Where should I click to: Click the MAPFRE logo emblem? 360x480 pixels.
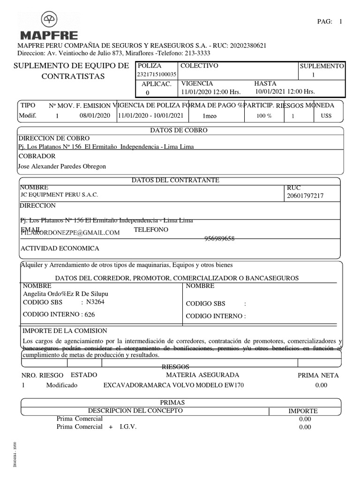click(x=49, y=20)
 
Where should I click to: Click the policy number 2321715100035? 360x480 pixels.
click(x=157, y=75)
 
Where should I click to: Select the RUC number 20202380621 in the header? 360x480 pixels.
click(x=247, y=46)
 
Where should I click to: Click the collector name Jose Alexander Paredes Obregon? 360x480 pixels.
click(x=61, y=166)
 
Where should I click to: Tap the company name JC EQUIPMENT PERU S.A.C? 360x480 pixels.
click(x=60, y=195)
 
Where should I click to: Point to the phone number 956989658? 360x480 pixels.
click(x=219, y=239)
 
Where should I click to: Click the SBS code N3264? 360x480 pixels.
click(x=95, y=302)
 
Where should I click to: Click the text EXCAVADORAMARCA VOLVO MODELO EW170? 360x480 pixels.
click(x=173, y=385)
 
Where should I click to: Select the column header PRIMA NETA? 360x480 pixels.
click(x=318, y=375)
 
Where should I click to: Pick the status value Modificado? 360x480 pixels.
click(x=62, y=385)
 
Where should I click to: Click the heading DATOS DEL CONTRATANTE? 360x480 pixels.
click(x=175, y=180)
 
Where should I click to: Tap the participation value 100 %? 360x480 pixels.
click(x=264, y=116)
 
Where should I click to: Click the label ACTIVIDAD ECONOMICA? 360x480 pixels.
click(x=59, y=248)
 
